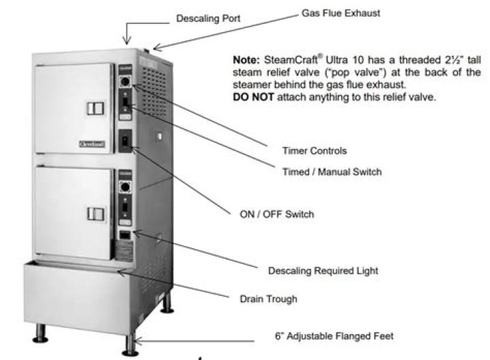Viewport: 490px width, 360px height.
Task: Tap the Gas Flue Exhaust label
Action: (x=340, y=14)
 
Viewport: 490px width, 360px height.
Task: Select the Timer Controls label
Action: (x=314, y=150)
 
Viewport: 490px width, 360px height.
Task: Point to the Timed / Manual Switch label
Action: (x=331, y=171)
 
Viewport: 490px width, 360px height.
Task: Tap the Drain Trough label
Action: (x=268, y=299)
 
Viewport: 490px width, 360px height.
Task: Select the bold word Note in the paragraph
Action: (x=244, y=60)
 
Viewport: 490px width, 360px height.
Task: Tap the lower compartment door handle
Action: (x=95, y=214)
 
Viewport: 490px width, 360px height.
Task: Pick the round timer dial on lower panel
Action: (x=125, y=186)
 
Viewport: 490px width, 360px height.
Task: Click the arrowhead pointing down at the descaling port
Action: (x=126, y=41)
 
